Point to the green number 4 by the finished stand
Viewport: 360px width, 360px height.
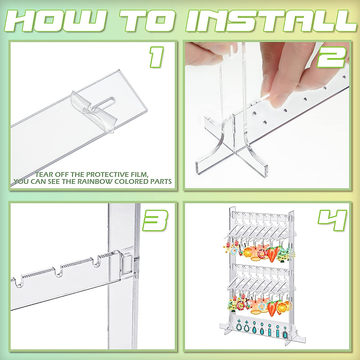(x=332, y=220)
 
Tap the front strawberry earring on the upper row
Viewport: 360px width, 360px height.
(x=271, y=254)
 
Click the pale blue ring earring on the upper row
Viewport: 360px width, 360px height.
(x=234, y=252)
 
